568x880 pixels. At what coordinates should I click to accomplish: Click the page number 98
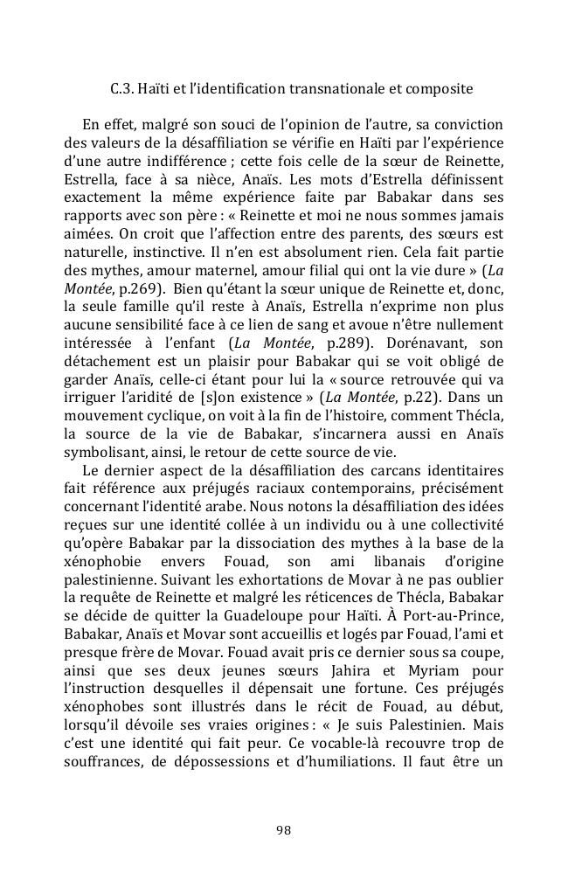(x=283, y=830)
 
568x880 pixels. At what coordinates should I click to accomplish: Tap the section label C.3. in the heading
(x=125, y=89)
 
